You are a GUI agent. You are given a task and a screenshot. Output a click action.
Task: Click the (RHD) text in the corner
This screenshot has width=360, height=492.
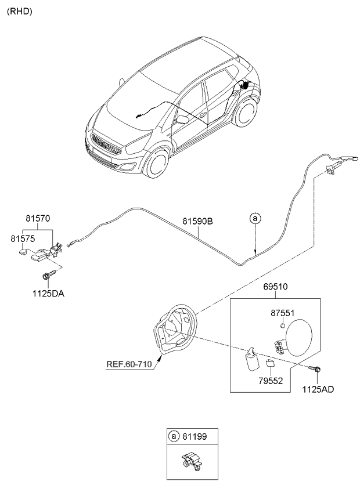19,11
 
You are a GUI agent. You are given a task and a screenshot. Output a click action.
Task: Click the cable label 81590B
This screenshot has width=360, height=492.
198,221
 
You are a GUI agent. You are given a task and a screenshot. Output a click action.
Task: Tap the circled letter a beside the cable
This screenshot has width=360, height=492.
254,218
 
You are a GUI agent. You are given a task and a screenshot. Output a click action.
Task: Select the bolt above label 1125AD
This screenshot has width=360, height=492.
317,369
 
